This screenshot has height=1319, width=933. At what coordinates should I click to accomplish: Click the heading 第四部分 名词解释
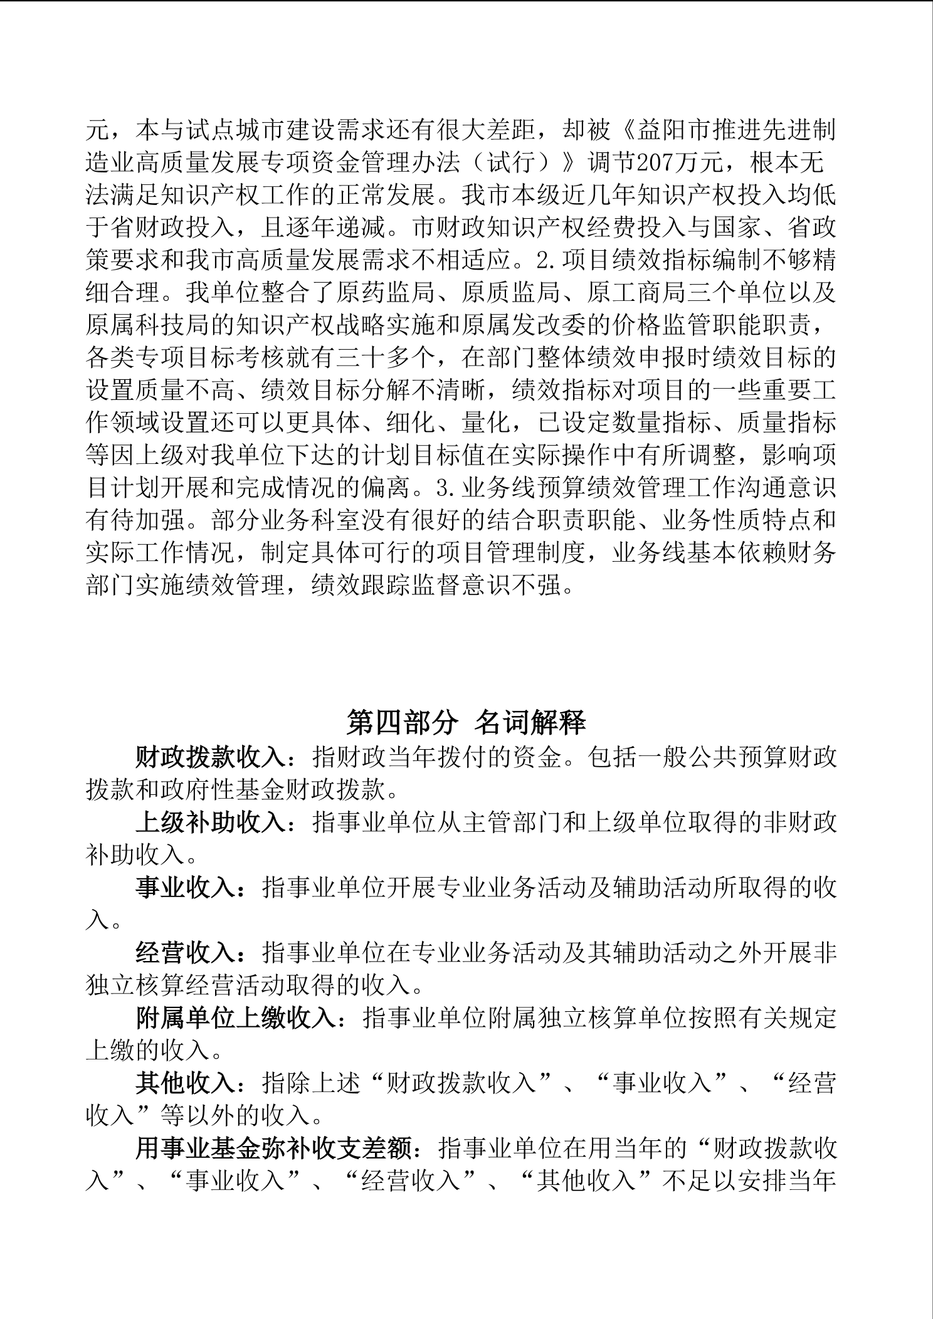(x=466, y=723)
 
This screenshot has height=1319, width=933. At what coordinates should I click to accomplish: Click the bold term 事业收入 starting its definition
(x=186, y=888)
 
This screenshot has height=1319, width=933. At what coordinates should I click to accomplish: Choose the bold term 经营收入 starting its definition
(x=186, y=954)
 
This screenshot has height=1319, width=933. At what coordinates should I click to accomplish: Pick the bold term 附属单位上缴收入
(x=236, y=1019)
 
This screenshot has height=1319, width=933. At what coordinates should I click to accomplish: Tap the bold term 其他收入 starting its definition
(x=186, y=1084)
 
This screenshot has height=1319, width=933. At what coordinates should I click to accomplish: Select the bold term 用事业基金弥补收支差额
(x=273, y=1149)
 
